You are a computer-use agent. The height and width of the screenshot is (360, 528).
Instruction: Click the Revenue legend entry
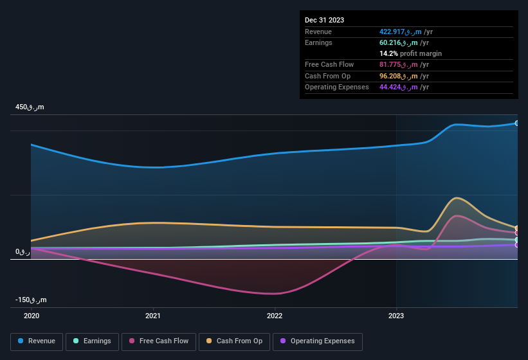(x=37, y=341)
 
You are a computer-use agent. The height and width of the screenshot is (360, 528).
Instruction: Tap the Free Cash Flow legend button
(x=159, y=341)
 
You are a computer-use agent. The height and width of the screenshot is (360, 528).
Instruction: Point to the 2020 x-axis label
(x=32, y=316)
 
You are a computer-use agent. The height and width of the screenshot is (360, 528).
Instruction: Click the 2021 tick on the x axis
(x=153, y=316)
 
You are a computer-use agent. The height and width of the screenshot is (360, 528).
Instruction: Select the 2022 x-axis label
(x=275, y=316)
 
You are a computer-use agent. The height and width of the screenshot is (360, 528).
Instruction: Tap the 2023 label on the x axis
(x=396, y=316)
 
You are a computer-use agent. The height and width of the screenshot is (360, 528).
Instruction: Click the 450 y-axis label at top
(x=30, y=107)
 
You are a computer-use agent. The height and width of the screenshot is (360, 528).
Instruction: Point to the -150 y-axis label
(x=30, y=300)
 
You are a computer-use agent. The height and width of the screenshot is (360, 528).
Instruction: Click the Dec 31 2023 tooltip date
(x=324, y=20)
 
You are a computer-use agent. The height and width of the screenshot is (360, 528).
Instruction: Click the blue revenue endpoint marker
(x=516, y=123)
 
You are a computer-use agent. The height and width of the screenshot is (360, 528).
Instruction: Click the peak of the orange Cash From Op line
(x=457, y=198)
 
